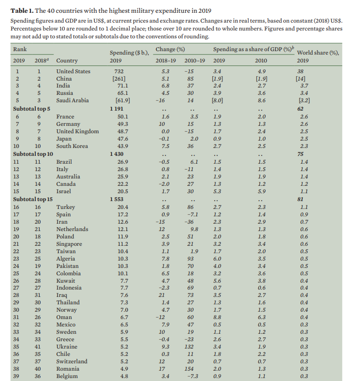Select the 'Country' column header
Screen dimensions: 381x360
(67, 61)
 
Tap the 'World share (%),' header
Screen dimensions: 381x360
(318, 53)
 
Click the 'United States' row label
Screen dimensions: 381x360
(73, 71)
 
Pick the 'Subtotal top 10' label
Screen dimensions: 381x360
(33, 153)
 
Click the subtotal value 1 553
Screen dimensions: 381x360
(119, 199)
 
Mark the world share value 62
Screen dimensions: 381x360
(301, 109)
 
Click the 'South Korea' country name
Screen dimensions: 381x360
(72, 146)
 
